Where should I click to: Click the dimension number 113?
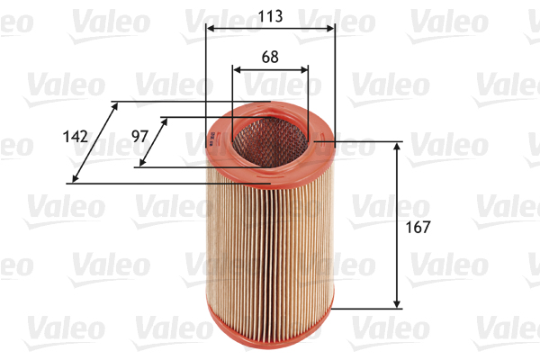pos(270,15)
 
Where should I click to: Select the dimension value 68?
pos(270,56)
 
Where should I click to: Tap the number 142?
pos(76,137)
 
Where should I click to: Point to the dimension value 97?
pos(139,136)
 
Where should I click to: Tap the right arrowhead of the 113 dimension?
pos(331,29)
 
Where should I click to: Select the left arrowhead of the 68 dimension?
pos(236,68)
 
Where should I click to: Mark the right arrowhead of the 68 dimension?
pos(306,68)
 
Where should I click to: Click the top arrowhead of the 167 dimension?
pos(397,146)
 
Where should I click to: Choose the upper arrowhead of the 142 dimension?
pos(115,106)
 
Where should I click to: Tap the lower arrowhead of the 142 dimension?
pos(75,178)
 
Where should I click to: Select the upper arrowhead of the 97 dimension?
pos(165,121)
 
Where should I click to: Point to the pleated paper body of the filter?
pos(270,243)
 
